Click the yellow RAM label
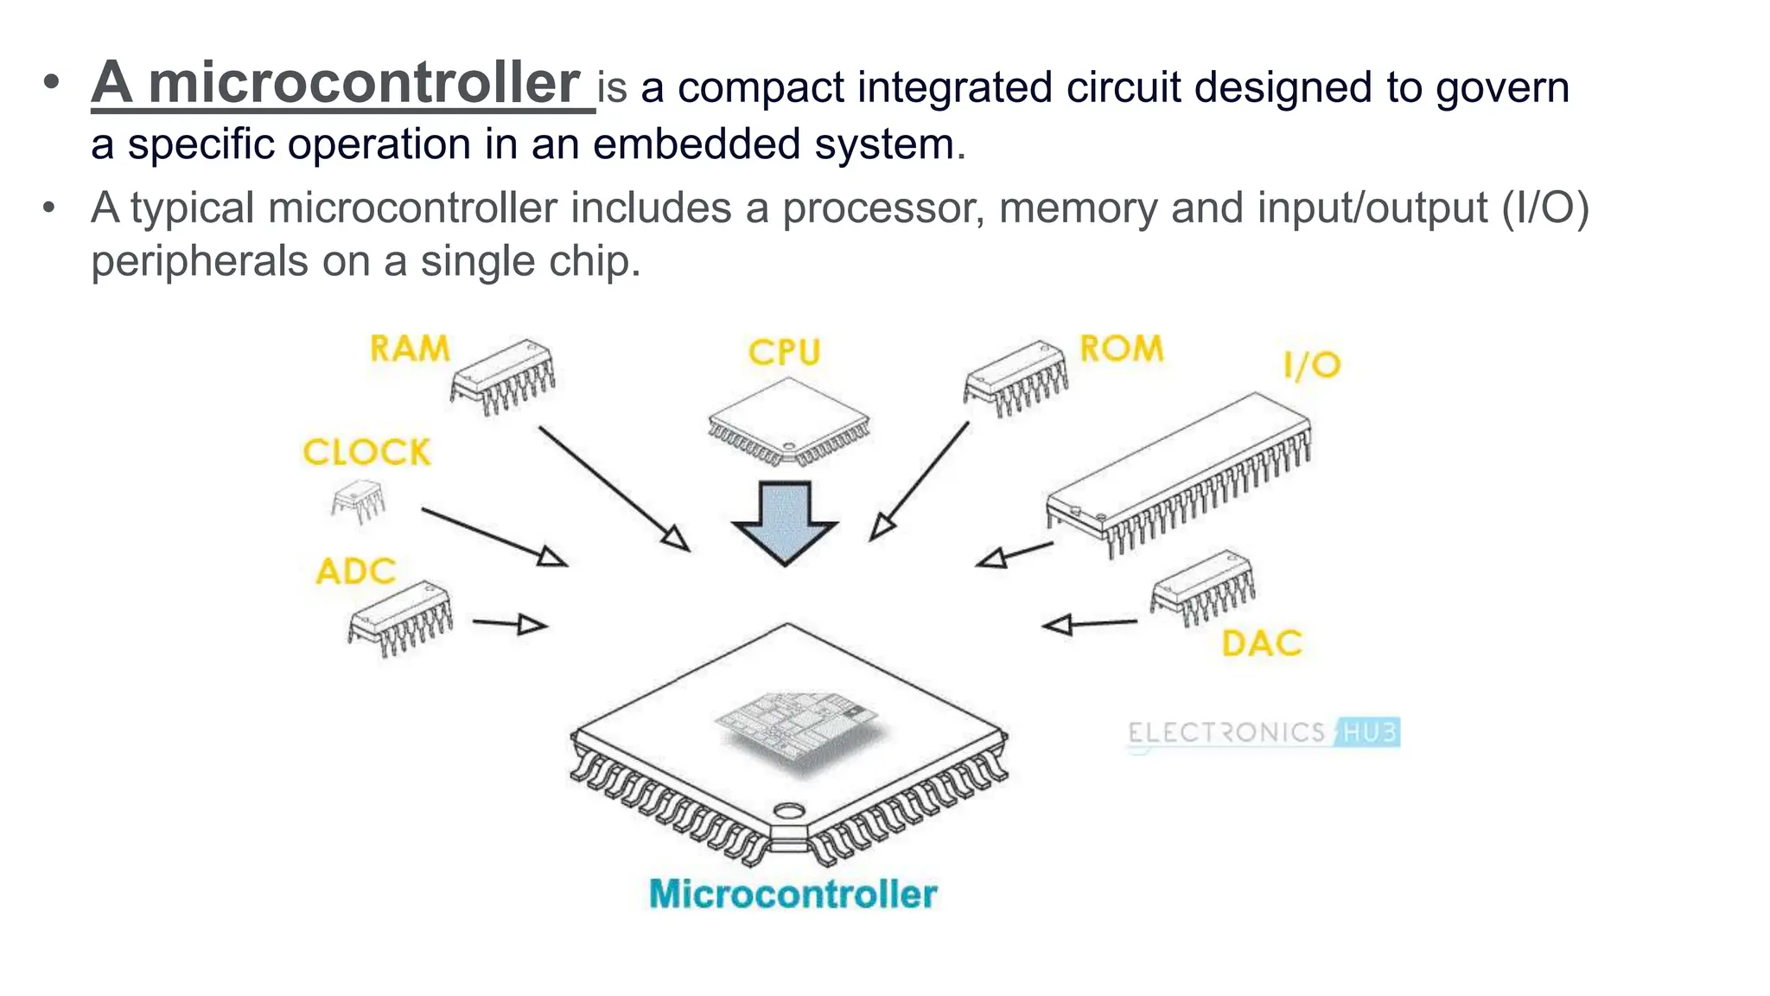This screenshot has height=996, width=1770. coord(410,349)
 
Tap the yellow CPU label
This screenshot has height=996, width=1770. coord(784,353)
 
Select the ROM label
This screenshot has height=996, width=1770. coord(1121,349)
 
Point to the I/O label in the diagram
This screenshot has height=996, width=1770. coord(1311,366)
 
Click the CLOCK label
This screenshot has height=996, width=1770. coord(366,452)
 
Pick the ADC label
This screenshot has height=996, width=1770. coord(355,571)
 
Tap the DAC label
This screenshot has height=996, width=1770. coord(1261,644)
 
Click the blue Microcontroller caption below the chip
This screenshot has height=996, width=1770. coord(793,894)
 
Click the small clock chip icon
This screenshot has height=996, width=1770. coord(358,501)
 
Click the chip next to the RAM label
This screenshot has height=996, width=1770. coord(504,376)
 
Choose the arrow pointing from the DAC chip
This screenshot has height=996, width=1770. coord(1089,623)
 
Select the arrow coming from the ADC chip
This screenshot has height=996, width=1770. coord(510,622)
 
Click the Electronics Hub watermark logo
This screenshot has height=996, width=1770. coord(1263,733)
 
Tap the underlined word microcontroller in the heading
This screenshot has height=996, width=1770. coord(363,84)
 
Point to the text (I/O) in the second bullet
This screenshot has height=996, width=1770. coord(1545,208)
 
